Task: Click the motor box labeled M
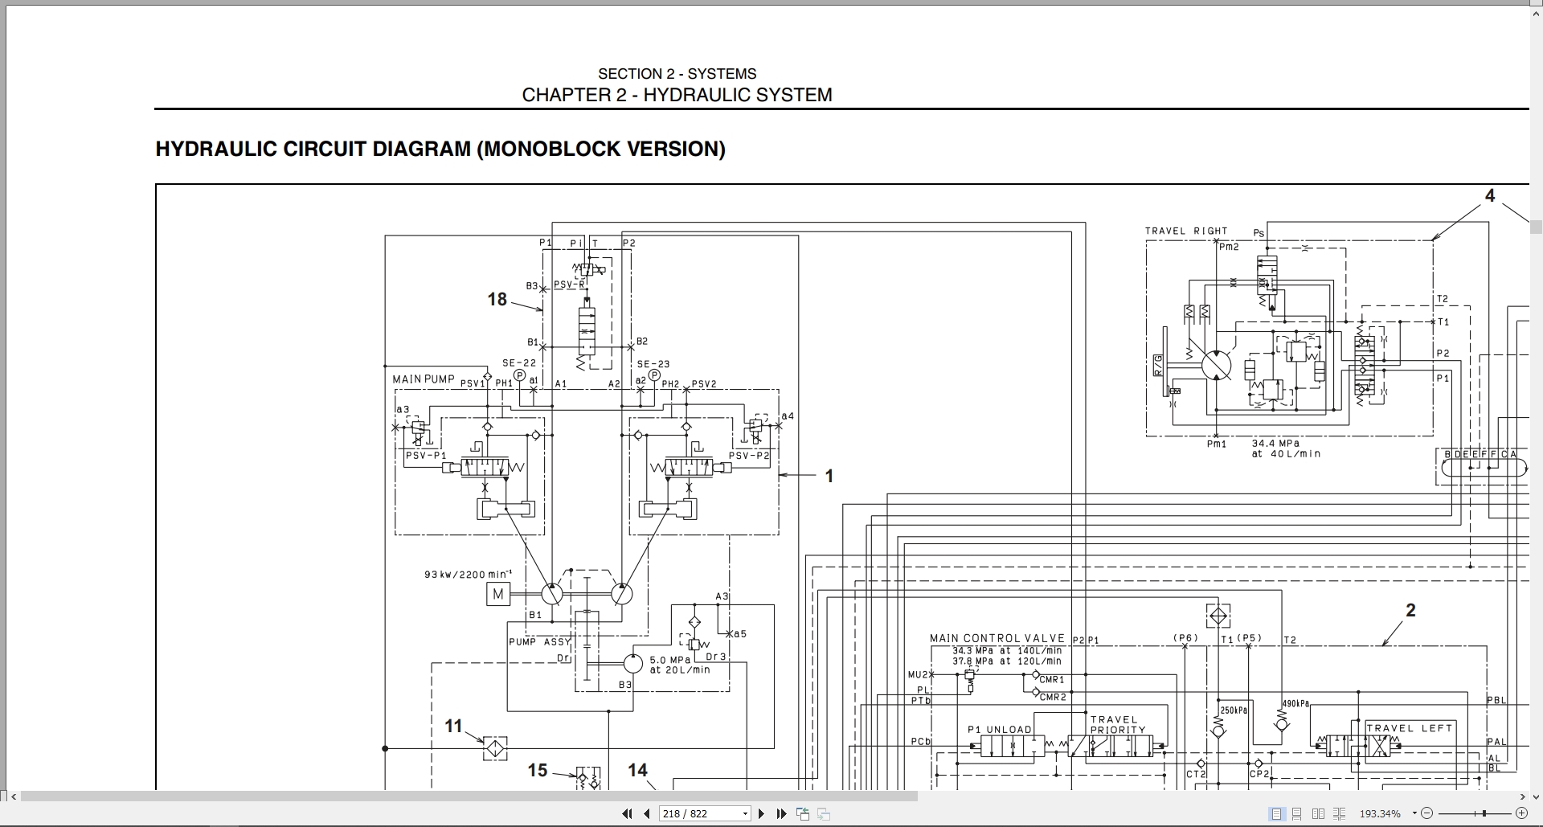pos(498,595)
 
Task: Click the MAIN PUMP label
pos(424,379)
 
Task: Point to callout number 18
pos(497,300)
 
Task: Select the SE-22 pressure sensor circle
pos(519,375)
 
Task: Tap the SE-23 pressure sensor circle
pos(654,375)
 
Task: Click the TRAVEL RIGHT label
pos(1186,231)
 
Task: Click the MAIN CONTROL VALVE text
pos(997,638)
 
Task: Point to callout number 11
pos(453,727)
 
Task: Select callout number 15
pos(537,771)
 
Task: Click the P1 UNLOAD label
pos(999,730)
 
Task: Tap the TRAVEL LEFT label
pos(1410,728)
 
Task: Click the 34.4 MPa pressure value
pos(1275,443)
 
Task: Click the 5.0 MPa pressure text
pos(670,660)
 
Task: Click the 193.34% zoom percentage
pos(1379,813)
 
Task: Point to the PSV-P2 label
pos(749,456)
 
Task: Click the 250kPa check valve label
pos(1234,710)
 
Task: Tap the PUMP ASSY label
pos(539,641)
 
